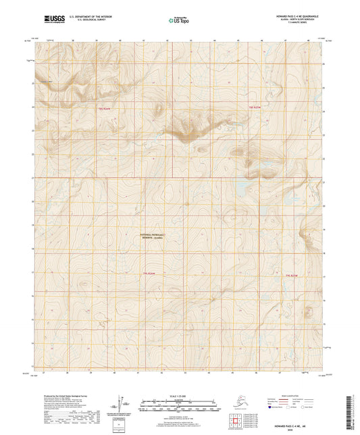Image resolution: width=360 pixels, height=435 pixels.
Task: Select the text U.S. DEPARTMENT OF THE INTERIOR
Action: (x=93, y=15)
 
